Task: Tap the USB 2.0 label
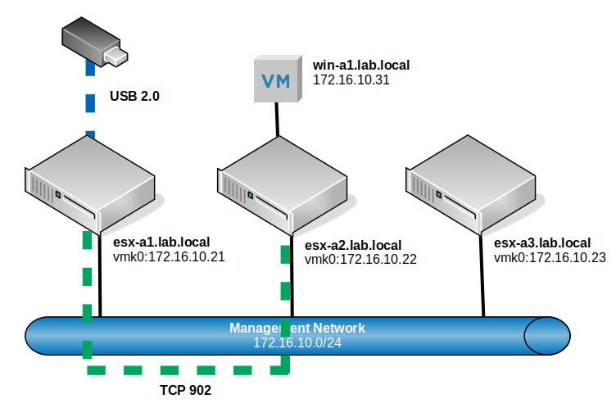point(134,96)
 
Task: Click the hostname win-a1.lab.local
point(361,64)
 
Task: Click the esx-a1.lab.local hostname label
point(161,242)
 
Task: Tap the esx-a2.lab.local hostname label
point(353,245)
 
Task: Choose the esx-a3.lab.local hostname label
point(542,243)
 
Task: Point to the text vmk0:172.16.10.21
point(168,256)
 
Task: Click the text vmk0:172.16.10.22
point(361,260)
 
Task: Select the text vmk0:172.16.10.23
point(550,257)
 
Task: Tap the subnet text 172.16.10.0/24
point(297,342)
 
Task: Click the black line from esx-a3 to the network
point(482,279)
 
